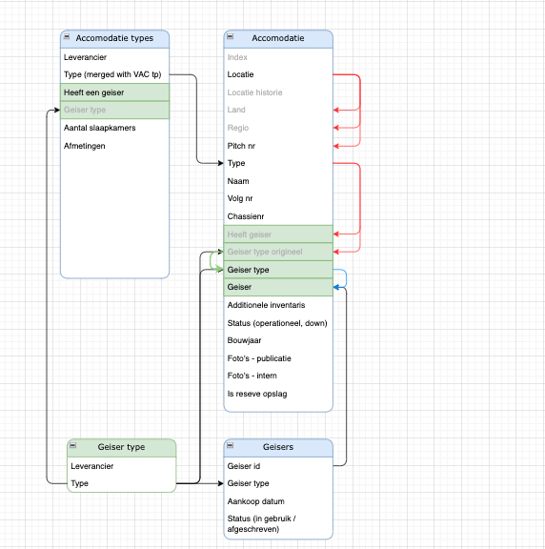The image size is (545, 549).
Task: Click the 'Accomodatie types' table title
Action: (x=114, y=38)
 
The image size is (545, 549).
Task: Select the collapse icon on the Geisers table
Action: (x=230, y=445)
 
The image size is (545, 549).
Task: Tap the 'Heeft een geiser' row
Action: (x=114, y=92)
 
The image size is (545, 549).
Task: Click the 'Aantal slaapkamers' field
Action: (x=99, y=128)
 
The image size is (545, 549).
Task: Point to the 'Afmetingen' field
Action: (x=85, y=146)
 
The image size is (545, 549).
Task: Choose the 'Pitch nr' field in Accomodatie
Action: (x=241, y=146)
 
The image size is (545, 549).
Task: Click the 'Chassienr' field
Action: (x=246, y=216)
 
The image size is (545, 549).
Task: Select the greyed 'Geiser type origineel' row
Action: (x=278, y=252)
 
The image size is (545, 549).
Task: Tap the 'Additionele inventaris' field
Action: (x=266, y=305)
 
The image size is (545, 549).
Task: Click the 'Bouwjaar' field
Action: (x=244, y=340)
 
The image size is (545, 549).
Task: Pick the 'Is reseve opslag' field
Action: (x=257, y=394)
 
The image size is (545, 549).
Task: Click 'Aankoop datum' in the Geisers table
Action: (x=255, y=501)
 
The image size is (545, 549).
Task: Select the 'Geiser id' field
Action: (x=244, y=466)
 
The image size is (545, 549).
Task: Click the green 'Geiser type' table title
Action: (x=121, y=447)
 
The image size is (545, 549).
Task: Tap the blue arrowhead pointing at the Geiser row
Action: (x=336, y=287)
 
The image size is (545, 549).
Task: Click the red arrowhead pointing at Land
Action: (x=336, y=110)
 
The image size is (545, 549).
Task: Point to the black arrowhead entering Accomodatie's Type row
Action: (x=220, y=163)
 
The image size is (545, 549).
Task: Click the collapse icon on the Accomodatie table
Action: (x=230, y=36)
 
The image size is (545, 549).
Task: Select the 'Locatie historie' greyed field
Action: (x=254, y=92)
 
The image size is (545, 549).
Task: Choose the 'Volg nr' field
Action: (x=240, y=198)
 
